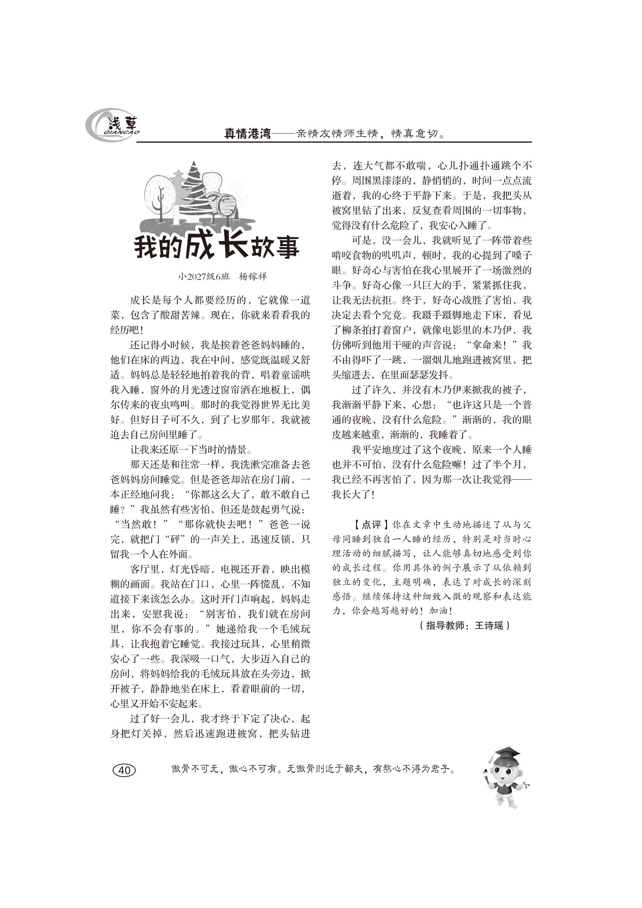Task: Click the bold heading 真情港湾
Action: [248, 134]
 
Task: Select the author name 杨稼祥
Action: [253, 276]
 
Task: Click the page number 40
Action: [124, 770]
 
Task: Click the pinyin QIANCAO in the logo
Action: [122, 132]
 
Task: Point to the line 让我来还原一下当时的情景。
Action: [191, 450]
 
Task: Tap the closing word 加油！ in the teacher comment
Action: [441, 611]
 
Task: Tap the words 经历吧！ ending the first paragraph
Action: [127, 330]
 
